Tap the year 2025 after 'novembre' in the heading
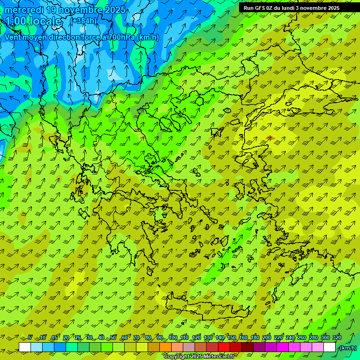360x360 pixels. point(114,10)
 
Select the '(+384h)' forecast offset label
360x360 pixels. point(84,21)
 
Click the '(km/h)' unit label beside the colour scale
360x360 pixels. point(347,348)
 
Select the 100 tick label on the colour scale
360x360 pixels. point(173,337)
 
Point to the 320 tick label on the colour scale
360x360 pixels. point(337,337)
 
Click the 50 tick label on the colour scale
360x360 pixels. point(113,337)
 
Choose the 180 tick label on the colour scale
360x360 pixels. point(255,337)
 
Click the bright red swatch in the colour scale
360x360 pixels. point(224,347)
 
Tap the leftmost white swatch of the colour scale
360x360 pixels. point(25,347)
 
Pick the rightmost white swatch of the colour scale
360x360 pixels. point(330,347)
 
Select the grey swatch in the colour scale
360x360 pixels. point(189,347)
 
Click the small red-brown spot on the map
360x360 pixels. point(270,137)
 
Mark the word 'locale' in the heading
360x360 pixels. point(45,21)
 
